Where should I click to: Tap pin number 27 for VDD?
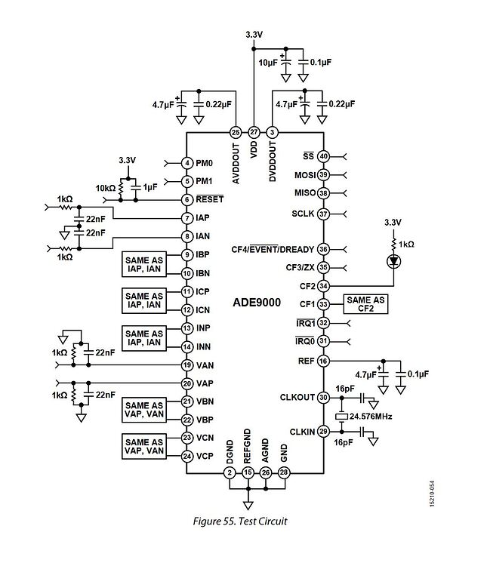click(x=254, y=131)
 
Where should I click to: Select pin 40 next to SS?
click(x=323, y=157)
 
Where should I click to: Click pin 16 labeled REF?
click(x=323, y=361)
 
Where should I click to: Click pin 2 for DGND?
click(x=230, y=472)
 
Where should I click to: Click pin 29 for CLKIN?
click(x=323, y=431)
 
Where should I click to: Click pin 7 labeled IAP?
click(x=186, y=218)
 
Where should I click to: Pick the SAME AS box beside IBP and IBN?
click(x=144, y=264)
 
